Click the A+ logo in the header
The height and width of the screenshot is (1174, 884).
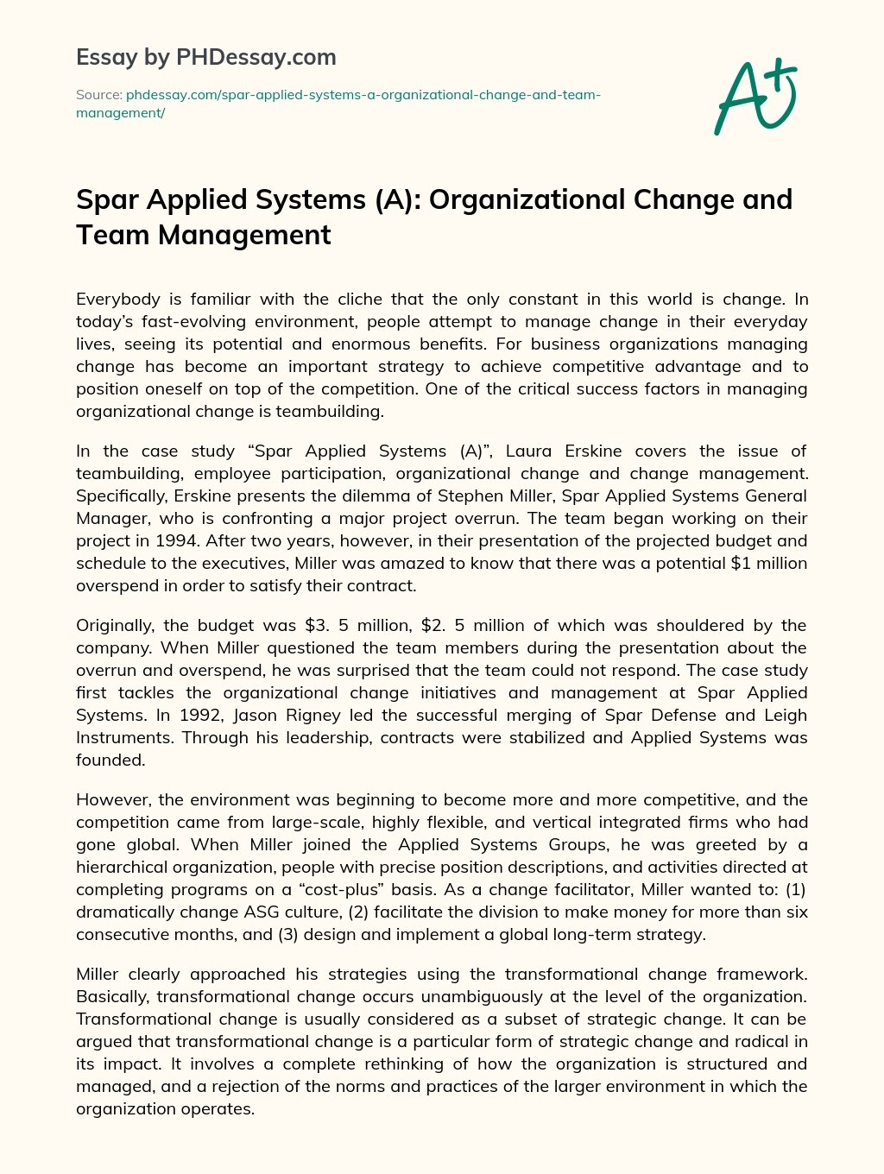[x=755, y=96]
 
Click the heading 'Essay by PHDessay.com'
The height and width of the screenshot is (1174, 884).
[x=206, y=57]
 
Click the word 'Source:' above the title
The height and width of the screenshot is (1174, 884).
[x=98, y=94]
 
